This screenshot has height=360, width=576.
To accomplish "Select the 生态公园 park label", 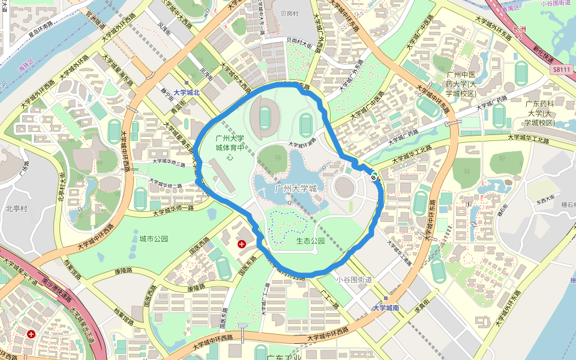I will (310, 241).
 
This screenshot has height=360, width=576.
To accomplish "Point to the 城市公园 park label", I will (154, 239).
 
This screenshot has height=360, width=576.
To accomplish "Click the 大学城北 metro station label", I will (186, 93).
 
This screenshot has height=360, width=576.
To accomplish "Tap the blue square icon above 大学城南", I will (385, 298).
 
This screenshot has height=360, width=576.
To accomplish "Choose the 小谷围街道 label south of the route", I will (354, 279).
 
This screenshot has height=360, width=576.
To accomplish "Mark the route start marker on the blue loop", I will (374, 175).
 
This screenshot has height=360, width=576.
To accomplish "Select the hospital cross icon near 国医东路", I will (241, 244).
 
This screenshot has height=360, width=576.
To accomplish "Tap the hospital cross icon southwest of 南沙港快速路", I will (31, 334).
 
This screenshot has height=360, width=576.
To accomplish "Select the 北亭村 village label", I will (17, 209).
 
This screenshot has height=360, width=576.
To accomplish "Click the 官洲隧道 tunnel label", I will (95, 25).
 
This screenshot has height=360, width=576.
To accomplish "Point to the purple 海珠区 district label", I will (25, 65).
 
